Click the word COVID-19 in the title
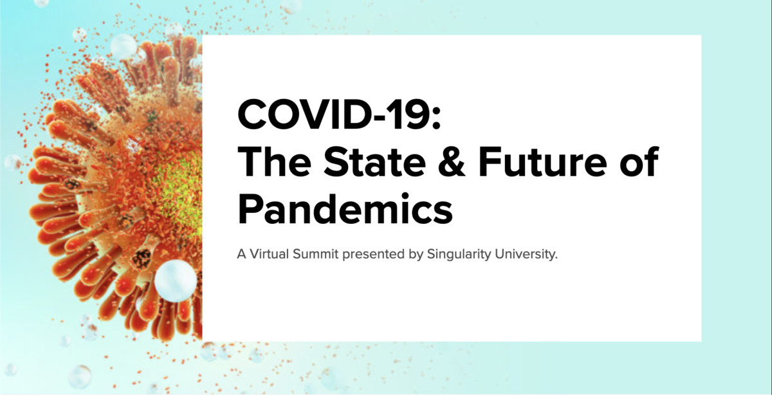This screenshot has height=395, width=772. click(x=340, y=114)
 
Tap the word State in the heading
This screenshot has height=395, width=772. click(x=375, y=161)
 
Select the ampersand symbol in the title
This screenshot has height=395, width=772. click(x=452, y=161)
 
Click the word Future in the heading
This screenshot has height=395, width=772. click(x=543, y=161)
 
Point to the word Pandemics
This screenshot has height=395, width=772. click(x=345, y=208)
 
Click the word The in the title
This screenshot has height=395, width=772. click(x=274, y=161)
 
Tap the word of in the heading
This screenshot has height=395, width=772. click(x=639, y=161)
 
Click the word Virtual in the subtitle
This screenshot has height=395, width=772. click(x=269, y=254)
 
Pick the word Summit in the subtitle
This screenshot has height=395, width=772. click(x=316, y=254)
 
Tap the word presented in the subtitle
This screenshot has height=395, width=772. click(x=373, y=255)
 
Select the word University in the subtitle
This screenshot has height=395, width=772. click(x=526, y=255)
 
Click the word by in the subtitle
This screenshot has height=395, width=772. click(x=416, y=255)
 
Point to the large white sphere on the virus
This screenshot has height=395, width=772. click(x=176, y=281)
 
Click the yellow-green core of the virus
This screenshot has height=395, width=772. click(x=181, y=193)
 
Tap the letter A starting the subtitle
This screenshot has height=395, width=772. click(x=241, y=254)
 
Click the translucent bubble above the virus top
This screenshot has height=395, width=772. click(x=124, y=46)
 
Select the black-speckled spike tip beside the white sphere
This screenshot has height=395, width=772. click(x=142, y=258)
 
